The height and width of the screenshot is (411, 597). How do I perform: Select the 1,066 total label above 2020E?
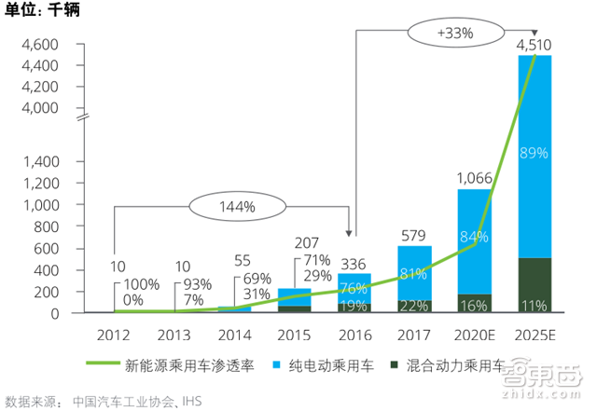(x=473, y=176)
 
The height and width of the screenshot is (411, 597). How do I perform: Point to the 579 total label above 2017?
(x=411, y=234)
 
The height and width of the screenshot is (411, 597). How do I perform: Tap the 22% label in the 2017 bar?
(x=411, y=305)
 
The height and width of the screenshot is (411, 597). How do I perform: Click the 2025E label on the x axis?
(x=535, y=333)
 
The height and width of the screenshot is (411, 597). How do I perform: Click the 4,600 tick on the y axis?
(x=39, y=44)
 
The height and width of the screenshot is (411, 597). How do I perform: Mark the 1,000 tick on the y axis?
(x=39, y=204)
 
